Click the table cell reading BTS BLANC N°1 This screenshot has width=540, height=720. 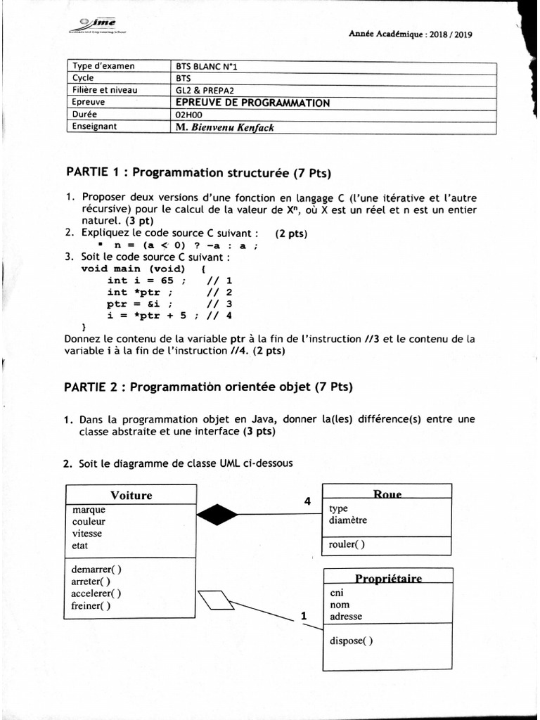(x=211, y=67)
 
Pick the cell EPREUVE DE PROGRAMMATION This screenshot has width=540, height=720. (x=252, y=103)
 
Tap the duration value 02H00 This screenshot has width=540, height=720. (x=188, y=115)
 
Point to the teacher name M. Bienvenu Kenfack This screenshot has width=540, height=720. (x=225, y=127)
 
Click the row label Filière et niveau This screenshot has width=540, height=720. (x=105, y=91)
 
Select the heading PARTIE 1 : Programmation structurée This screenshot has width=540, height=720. (x=198, y=173)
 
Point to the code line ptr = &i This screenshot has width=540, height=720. (x=139, y=304)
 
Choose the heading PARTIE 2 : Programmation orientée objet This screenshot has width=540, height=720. (x=208, y=387)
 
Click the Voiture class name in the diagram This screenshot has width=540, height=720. (x=131, y=495)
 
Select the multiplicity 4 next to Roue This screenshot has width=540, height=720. (x=307, y=501)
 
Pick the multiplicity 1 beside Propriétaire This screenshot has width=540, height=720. (x=304, y=616)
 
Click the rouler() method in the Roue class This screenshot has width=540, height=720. (x=347, y=544)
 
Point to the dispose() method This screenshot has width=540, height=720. (x=352, y=640)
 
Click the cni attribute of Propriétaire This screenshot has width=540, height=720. (x=337, y=593)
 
